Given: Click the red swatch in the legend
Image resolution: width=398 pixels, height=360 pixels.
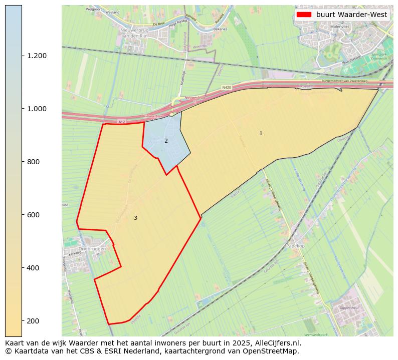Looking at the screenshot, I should (304, 15).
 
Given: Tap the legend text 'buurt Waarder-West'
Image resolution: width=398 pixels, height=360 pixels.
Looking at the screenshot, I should (351, 15).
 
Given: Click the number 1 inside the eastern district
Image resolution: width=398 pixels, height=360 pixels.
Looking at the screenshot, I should (261, 133).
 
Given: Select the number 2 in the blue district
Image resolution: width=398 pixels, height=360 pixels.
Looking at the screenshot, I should (166, 141).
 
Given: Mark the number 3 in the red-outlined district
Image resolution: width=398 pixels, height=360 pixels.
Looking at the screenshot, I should (135, 218).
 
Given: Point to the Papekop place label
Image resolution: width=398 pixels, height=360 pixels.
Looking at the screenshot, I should (295, 246).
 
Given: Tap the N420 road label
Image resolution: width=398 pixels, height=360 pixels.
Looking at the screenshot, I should (227, 88).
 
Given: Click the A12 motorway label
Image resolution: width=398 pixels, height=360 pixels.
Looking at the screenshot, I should (121, 122).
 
